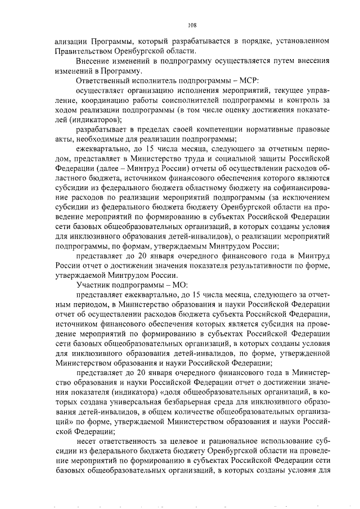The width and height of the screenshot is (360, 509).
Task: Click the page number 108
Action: [191, 25]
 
